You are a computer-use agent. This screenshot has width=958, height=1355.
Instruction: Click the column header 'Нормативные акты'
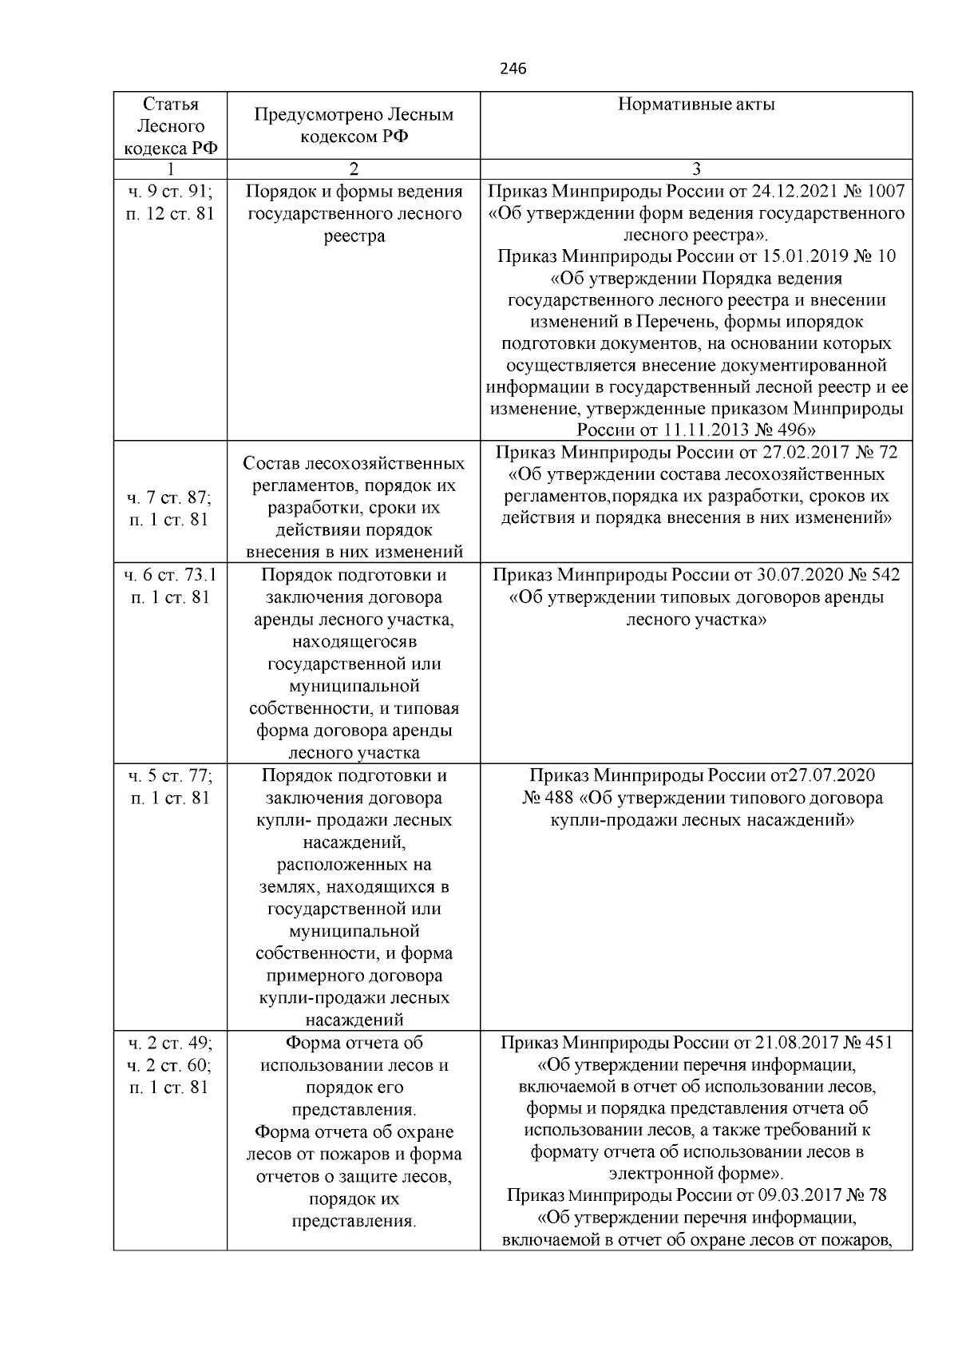pos(696,105)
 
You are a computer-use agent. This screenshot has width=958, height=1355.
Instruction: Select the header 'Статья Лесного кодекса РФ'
pos(170,126)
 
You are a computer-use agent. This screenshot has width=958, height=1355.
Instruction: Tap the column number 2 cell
pos(354,169)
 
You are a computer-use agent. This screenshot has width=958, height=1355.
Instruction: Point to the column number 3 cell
pos(696,169)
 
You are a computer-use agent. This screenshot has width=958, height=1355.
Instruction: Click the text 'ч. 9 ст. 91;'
pos(170,192)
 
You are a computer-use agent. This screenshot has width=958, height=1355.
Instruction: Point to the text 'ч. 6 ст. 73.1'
pos(170,575)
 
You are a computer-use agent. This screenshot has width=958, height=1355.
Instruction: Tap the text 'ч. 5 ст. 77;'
pos(170,775)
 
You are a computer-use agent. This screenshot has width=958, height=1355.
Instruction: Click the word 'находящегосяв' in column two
pos(354,642)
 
